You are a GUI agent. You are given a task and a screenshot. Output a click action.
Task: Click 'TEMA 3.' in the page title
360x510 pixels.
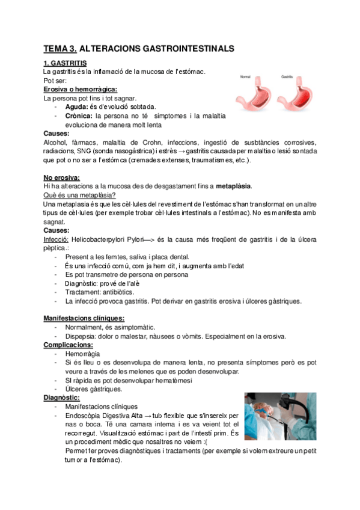(x=59, y=48)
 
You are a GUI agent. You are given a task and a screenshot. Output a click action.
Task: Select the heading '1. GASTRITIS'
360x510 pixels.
(x=65, y=63)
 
